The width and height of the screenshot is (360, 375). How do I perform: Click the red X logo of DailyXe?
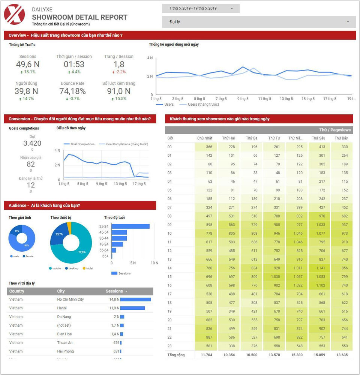(x=14, y=14)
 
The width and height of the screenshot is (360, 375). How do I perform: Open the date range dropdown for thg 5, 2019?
(x=201, y=8)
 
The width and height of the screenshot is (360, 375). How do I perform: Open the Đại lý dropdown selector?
(x=259, y=22)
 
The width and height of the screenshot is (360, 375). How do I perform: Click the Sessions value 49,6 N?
(x=28, y=64)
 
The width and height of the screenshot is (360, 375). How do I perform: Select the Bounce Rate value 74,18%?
(x=72, y=91)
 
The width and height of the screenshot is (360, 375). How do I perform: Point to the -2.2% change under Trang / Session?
(x=119, y=72)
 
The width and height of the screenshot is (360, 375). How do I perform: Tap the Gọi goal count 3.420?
(x=32, y=143)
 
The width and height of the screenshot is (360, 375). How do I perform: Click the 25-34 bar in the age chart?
(x=130, y=226)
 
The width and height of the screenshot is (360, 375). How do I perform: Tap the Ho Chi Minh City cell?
(x=70, y=300)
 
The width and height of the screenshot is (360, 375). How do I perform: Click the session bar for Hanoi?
(x=132, y=308)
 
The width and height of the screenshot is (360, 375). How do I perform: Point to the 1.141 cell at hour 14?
(x=319, y=268)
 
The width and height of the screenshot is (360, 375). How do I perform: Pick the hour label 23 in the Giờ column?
(x=169, y=346)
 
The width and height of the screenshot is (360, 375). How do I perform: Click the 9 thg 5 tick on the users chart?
(x=243, y=99)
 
